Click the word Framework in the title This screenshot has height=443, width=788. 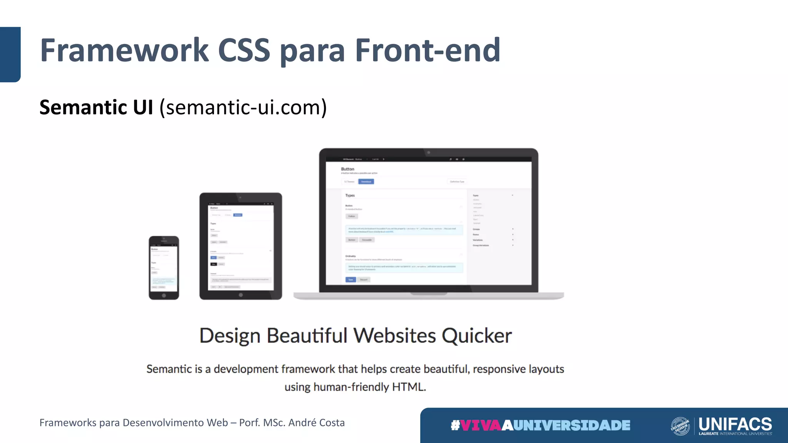click(124, 50)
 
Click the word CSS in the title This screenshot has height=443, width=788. click(244, 50)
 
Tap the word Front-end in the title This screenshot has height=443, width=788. click(427, 50)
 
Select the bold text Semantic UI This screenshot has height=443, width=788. click(96, 107)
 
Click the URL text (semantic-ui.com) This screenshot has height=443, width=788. click(243, 107)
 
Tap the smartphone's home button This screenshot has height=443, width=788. click(164, 295)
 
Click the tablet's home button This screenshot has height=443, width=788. click(240, 295)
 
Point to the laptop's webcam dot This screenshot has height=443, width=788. click(428, 153)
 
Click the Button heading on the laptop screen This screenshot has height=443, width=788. click(347, 169)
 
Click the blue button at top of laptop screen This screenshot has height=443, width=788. click(366, 182)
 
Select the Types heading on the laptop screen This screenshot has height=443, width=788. click(350, 195)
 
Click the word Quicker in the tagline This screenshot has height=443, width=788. click(476, 336)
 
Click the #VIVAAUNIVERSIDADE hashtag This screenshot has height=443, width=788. click(540, 425)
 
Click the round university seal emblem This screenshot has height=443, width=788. click(680, 426)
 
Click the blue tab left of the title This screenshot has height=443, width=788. click(10, 54)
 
